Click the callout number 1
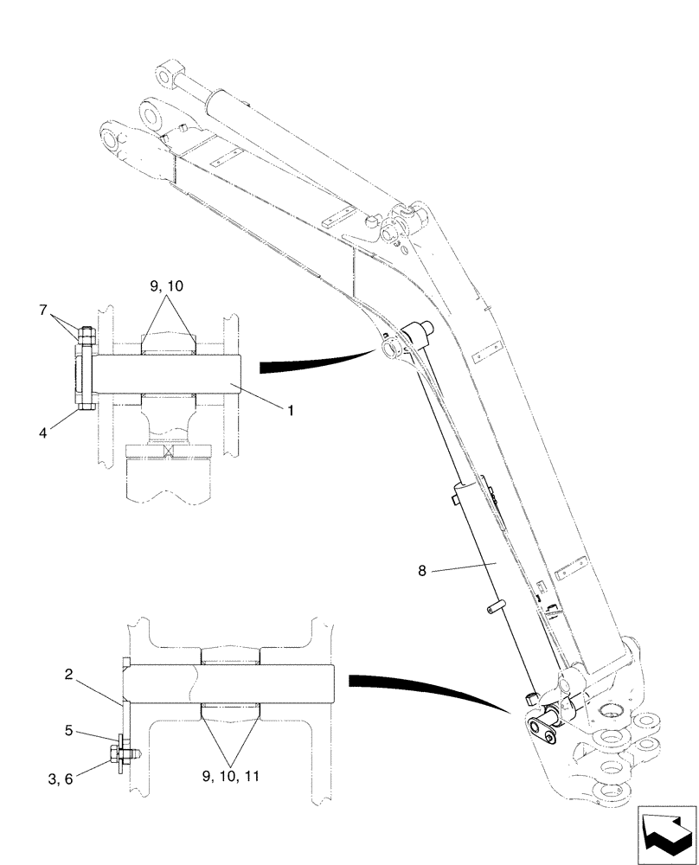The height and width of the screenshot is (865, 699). [291, 412]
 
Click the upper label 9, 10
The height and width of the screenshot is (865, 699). [167, 285]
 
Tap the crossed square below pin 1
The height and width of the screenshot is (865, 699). [167, 450]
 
